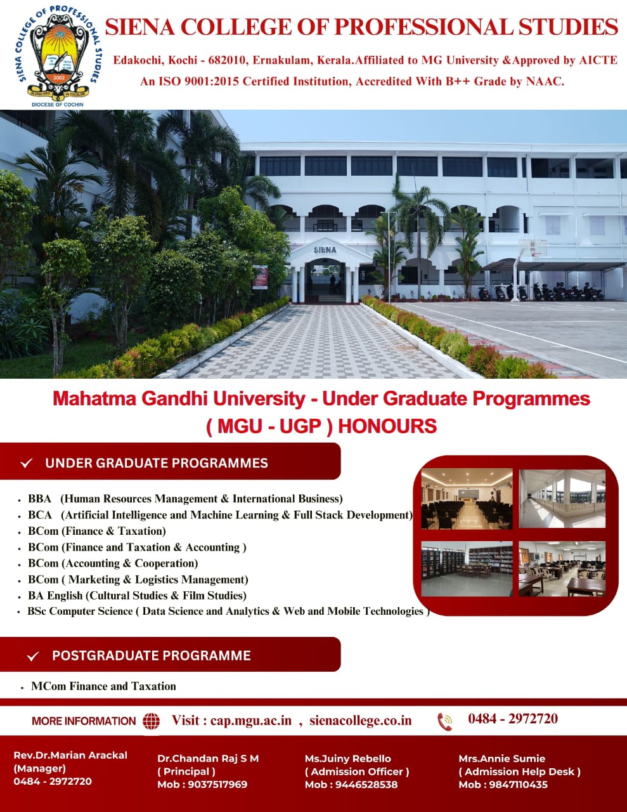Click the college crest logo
tap(58, 56)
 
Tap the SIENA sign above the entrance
tap(325, 249)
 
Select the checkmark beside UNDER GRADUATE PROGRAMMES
tap(27, 463)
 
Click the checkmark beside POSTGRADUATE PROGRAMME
tap(33, 656)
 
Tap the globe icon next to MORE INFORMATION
tap(152, 721)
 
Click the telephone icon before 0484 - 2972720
tap(445, 721)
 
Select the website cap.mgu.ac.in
tap(250, 720)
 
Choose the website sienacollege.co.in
tap(360, 720)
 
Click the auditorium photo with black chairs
tap(467, 499)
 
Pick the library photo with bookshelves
tap(467, 569)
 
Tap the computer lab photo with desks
tap(562, 569)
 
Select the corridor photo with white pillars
tap(562, 499)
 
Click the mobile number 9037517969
tap(217, 784)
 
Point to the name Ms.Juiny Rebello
tap(347, 759)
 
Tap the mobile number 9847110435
tap(518, 784)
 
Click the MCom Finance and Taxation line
tap(103, 686)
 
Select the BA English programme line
tap(137, 595)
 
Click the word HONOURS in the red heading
tap(387, 426)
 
